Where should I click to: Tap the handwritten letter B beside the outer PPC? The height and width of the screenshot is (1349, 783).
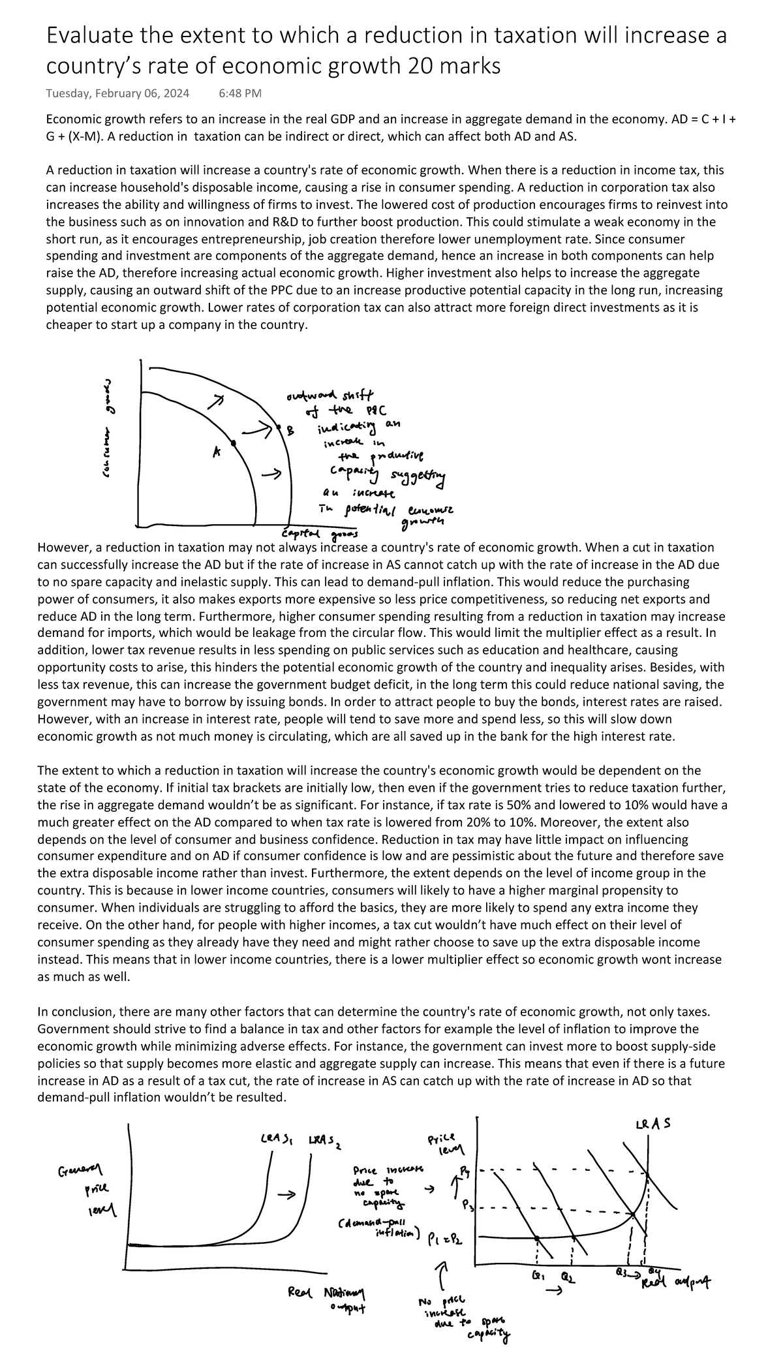click(290, 430)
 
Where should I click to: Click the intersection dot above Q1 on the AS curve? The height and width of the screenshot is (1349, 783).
click(536, 1238)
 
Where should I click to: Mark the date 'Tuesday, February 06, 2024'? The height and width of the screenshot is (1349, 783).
click(117, 93)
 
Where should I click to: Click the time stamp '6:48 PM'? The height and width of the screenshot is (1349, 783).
click(240, 93)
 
